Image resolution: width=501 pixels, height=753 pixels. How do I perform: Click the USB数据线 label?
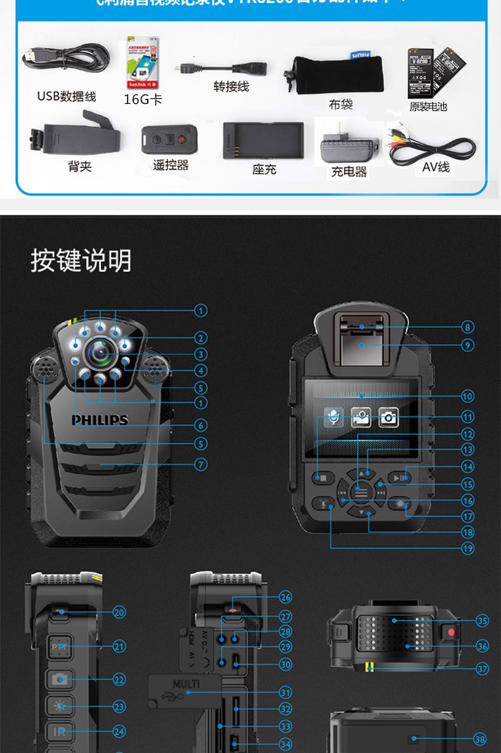point(67,96)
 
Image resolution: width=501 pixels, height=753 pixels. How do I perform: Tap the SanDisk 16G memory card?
point(143,65)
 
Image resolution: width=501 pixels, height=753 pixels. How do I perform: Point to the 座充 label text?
point(264,169)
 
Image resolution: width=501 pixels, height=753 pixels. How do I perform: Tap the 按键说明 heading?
point(81,261)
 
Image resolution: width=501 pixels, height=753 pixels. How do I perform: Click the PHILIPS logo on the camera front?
point(100,420)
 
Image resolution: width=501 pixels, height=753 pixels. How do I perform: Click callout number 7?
point(200,465)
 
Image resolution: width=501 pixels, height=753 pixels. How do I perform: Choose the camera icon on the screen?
point(388,417)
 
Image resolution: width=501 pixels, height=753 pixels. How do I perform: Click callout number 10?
point(467,396)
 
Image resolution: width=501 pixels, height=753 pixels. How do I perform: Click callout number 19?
point(467,548)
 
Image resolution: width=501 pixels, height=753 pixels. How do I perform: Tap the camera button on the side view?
point(60,679)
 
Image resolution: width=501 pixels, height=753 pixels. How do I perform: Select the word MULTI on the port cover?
point(186,684)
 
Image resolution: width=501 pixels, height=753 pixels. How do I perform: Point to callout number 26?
point(285,597)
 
